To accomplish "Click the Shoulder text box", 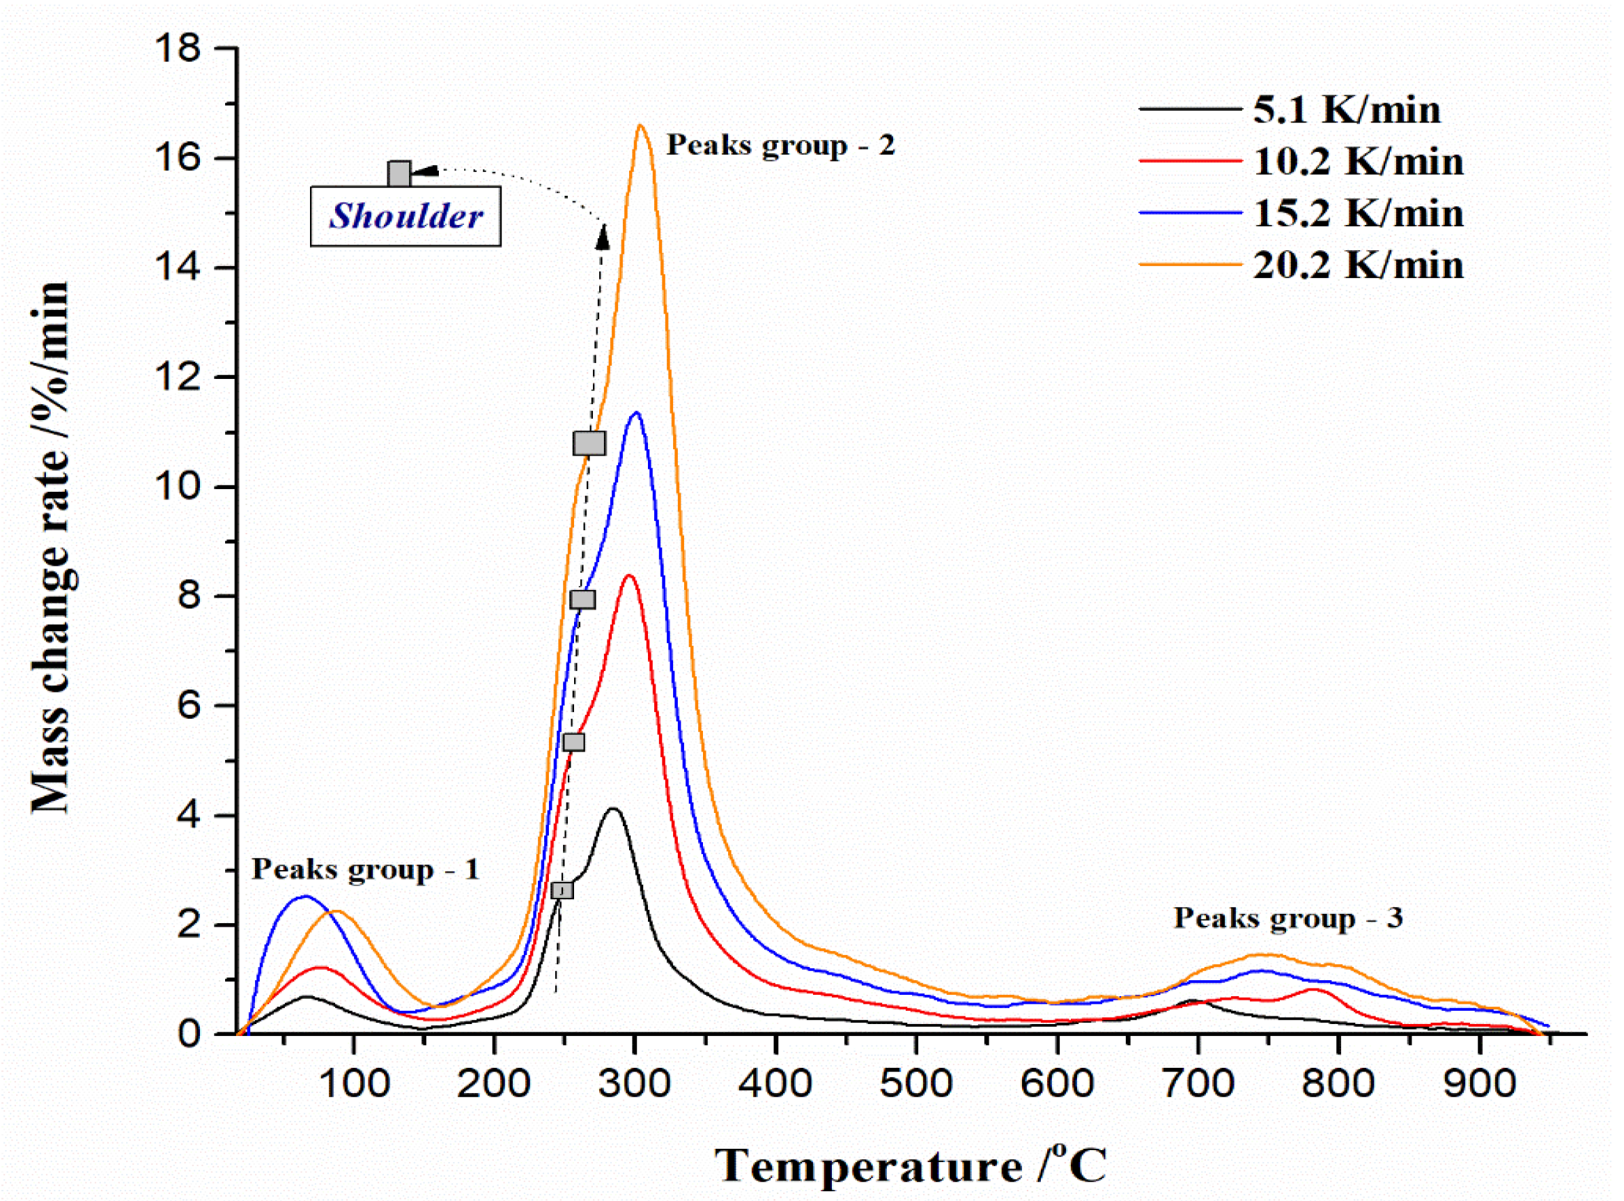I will pyautogui.click(x=405, y=217).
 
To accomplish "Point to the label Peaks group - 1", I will pyautogui.click(x=366, y=869).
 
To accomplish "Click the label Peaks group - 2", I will pyautogui.click(x=781, y=145).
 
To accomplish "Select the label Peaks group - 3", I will pyautogui.click(x=1288, y=918).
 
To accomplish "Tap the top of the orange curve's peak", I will pyautogui.click(x=640, y=127).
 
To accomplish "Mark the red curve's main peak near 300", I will pyautogui.click(x=630, y=576).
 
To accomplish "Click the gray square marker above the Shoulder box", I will pyautogui.click(x=399, y=174).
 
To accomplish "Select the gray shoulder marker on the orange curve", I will pyautogui.click(x=589, y=443).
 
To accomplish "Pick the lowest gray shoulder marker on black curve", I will pyautogui.click(x=562, y=890).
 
